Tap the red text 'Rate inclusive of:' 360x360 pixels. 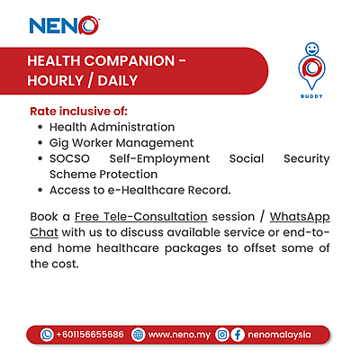tap(78, 111)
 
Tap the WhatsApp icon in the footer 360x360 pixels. tap(47, 334)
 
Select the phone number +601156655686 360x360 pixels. tap(89, 334)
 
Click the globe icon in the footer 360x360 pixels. tap(138, 334)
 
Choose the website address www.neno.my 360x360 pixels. tap(179, 334)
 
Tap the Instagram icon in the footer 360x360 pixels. tap(222, 334)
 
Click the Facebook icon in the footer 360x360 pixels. tap(238, 334)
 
